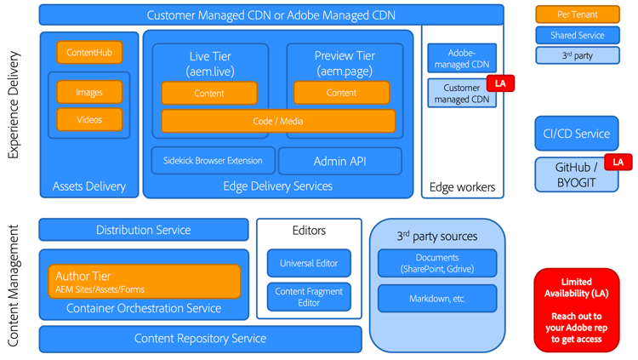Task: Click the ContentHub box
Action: (89, 53)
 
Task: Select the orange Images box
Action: (89, 92)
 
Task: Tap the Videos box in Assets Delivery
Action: (89, 120)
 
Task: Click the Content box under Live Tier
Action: (209, 93)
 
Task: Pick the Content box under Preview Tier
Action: (341, 93)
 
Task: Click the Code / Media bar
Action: (278, 121)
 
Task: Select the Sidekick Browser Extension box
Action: (213, 161)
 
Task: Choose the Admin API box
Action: (340, 161)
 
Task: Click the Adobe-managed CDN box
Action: (462, 58)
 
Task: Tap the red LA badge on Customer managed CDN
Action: (500, 83)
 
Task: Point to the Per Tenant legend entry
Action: (577, 14)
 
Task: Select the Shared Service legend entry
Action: (577, 35)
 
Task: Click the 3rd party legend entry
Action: (577, 55)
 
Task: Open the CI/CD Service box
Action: (576, 134)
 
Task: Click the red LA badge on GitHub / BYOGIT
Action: (618, 162)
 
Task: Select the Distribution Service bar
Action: (143, 230)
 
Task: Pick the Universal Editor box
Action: (309, 263)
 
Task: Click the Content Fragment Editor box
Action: (309, 297)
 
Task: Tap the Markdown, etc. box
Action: (437, 299)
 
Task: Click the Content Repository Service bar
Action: (200, 339)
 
